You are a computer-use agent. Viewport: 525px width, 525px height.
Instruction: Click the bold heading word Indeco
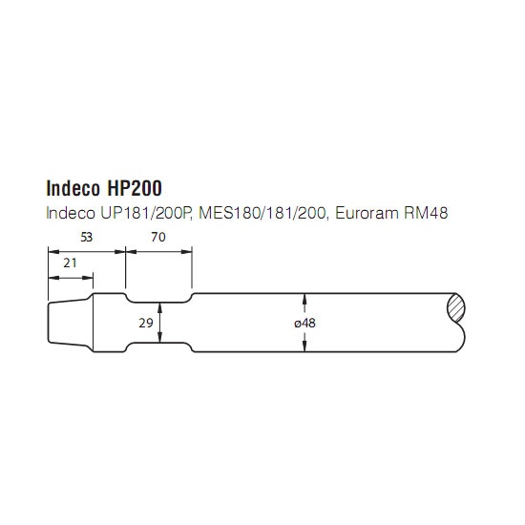click(73, 188)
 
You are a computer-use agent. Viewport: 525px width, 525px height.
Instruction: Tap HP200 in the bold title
click(135, 188)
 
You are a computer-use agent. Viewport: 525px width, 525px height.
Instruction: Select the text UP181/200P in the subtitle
click(146, 213)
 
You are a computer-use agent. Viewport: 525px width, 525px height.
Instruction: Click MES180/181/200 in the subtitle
click(262, 213)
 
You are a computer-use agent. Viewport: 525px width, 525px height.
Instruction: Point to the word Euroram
click(367, 213)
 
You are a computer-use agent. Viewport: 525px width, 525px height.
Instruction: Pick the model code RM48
click(426, 213)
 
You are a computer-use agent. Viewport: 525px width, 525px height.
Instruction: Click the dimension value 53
click(86, 237)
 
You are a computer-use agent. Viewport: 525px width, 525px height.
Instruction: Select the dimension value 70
click(158, 237)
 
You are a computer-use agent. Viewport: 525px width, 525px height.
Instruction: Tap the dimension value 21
click(70, 263)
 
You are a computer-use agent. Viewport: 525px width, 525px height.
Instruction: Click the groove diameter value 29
click(146, 323)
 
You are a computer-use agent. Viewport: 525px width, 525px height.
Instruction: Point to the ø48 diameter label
click(305, 323)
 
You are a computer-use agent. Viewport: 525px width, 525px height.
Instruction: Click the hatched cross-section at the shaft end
click(456, 308)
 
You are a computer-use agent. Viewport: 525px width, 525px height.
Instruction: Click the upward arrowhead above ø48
click(304, 299)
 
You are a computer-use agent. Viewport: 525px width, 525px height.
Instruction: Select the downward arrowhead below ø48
click(304, 346)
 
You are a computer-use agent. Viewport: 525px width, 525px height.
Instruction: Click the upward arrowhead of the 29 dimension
click(160, 307)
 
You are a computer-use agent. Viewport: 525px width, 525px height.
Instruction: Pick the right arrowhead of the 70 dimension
click(186, 251)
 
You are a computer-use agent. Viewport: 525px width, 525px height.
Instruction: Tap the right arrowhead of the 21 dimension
click(88, 278)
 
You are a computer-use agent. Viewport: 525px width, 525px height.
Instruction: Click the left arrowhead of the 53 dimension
click(53, 251)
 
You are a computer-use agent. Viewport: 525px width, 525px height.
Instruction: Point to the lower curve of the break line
click(461, 337)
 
